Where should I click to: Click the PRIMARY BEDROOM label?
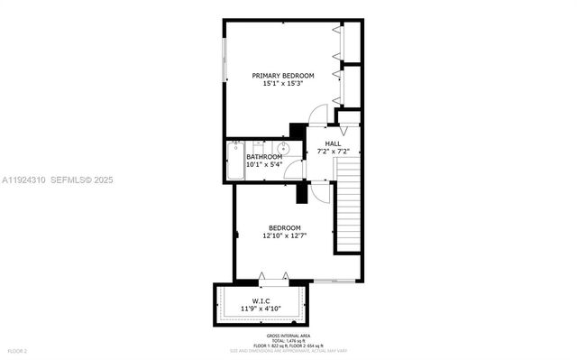(x=282, y=75)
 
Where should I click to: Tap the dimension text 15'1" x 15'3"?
(x=282, y=83)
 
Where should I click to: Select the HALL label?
(x=333, y=143)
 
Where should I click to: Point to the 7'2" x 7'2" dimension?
(x=333, y=152)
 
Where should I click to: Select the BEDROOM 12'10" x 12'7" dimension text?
(x=284, y=235)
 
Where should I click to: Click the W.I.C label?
(x=261, y=300)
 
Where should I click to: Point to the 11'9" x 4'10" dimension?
(x=261, y=309)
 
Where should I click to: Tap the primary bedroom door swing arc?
(x=318, y=115)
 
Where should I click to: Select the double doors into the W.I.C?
(x=274, y=276)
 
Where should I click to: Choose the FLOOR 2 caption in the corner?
(x=17, y=350)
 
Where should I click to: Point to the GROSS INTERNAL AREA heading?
(x=288, y=334)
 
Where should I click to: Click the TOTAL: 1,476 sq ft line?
(x=288, y=340)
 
